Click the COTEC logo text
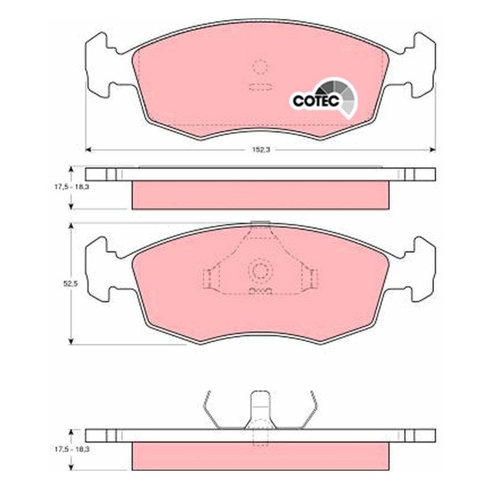click(316, 100)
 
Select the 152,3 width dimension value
click(261, 150)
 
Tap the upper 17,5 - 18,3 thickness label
click(70, 188)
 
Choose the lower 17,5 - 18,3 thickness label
click(70, 449)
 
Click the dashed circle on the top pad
click(260, 67)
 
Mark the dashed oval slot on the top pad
click(261, 87)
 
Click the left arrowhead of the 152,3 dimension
click(88, 150)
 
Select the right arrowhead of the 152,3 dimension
click(432, 150)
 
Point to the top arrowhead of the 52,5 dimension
click(72, 226)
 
